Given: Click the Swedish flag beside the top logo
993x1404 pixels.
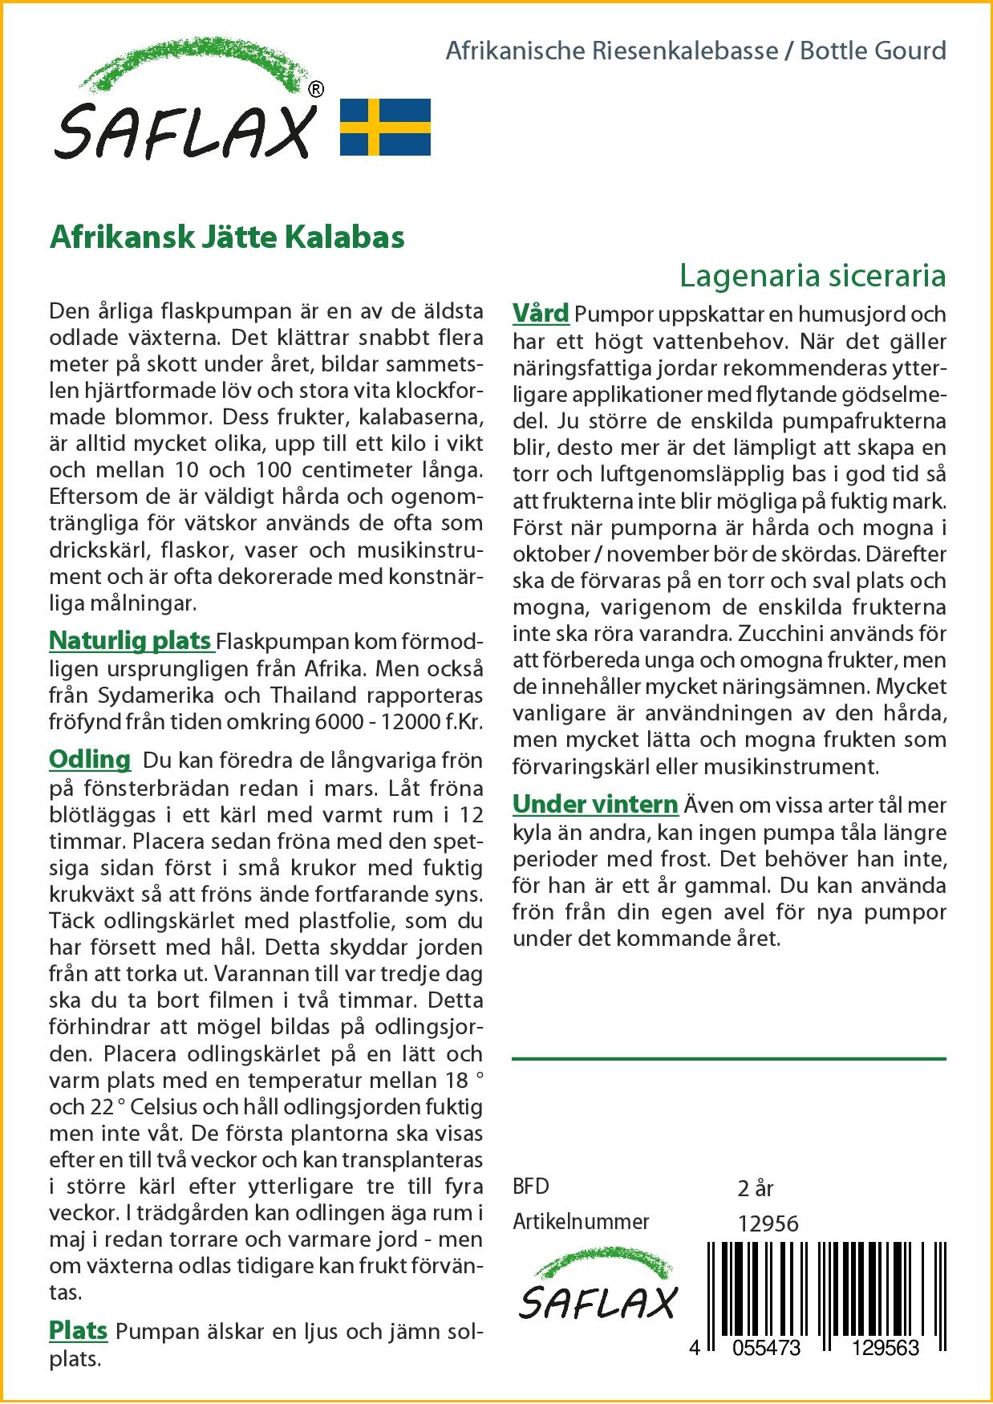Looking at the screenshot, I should point(385,127).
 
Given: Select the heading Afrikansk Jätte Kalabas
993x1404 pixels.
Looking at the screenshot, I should point(227,237).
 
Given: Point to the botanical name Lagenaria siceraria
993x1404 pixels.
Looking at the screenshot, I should point(812,276).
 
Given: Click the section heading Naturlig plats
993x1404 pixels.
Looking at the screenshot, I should point(131,641).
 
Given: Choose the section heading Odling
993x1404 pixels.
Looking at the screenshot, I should point(90,759).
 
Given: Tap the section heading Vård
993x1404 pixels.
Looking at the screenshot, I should point(541,313).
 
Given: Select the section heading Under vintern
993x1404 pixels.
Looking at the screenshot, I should point(595,804).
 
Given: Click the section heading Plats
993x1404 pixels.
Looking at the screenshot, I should point(79,1330).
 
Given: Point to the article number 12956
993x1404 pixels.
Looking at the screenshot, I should point(768,1223).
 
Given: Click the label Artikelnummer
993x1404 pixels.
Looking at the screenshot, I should point(581,1222).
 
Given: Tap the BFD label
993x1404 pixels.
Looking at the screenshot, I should point(531,1187).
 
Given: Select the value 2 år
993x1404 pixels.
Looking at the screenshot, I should point(755,1187).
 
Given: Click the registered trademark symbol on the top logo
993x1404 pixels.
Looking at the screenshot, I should point(317,89).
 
